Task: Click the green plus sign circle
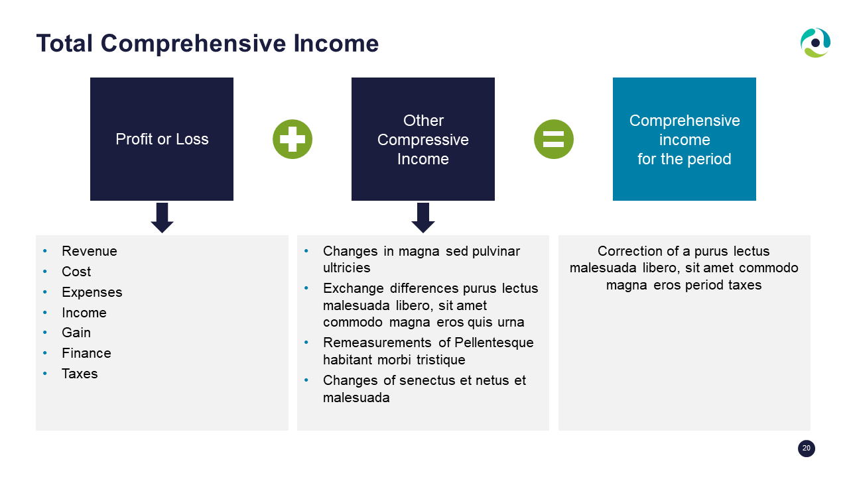pyautogui.click(x=293, y=139)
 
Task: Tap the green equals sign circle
pyautogui.click(x=553, y=139)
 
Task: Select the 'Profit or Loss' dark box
pyautogui.click(x=162, y=139)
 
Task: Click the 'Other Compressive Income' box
pyautogui.click(x=423, y=139)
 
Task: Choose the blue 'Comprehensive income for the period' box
pyautogui.click(x=684, y=139)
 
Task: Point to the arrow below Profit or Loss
pyautogui.click(x=163, y=218)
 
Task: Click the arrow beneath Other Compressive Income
pyautogui.click(x=423, y=218)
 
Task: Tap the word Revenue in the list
pyautogui.click(x=90, y=251)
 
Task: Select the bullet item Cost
pyautogui.click(x=76, y=272)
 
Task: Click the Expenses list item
pyautogui.click(x=92, y=292)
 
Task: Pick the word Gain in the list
pyautogui.click(x=76, y=333)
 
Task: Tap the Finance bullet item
pyautogui.click(x=86, y=353)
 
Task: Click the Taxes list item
pyautogui.click(x=80, y=374)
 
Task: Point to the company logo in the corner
pyautogui.click(x=815, y=43)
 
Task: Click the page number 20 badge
pyautogui.click(x=806, y=449)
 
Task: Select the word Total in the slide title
pyautogui.click(x=64, y=43)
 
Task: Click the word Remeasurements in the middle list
pyautogui.click(x=377, y=343)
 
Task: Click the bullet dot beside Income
pyautogui.click(x=45, y=312)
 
